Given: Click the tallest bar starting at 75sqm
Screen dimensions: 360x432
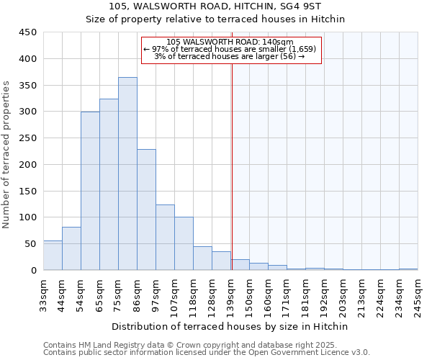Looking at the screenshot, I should click(127, 174).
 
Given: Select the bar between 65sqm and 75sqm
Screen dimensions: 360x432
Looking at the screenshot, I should click(109, 184).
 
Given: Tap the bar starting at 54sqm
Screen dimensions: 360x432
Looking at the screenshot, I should click(90, 191).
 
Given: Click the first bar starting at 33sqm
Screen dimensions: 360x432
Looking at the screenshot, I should click(53, 256).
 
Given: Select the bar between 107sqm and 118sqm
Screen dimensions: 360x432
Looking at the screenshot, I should click(184, 243).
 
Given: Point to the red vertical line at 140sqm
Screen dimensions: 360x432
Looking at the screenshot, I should click(232, 158).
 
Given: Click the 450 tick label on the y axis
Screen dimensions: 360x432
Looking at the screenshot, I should click(27, 32).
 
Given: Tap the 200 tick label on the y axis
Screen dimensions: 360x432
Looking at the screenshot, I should click(27, 165).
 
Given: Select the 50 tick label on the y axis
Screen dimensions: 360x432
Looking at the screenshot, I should click(30, 244).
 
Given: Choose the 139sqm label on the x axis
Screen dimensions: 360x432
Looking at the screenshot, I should click(230, 293).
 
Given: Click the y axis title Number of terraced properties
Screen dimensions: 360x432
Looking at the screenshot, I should click(6, 155).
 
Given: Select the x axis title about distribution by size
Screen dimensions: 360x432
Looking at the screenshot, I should click(230, 326).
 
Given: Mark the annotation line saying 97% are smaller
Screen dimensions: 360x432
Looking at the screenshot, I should click(230, 49).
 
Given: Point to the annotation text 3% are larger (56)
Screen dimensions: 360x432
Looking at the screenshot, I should click(230, 56).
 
